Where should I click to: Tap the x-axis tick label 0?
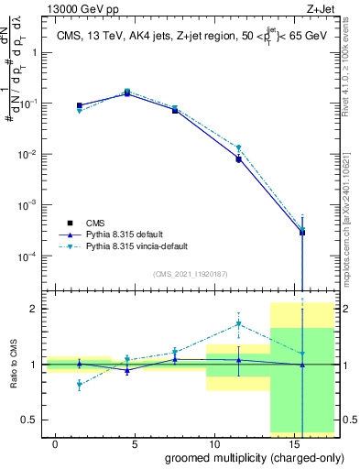coord(56,443)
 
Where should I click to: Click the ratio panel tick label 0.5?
coord(31,420)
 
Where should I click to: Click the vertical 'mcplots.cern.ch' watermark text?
coord(350,220)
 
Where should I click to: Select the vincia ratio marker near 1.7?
coord(238,323)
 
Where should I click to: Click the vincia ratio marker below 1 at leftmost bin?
coord(80,385)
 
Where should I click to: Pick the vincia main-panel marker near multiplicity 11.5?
coord(238,147)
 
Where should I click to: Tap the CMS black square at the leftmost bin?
coord(80,106)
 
